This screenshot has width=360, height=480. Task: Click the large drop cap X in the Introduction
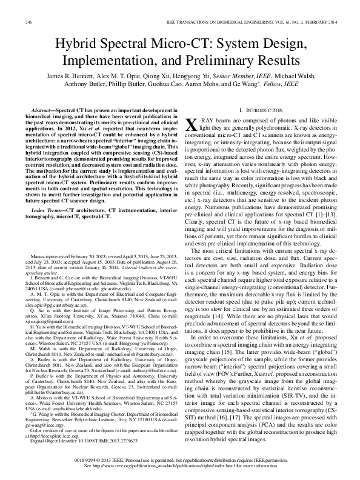point(190,125)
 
